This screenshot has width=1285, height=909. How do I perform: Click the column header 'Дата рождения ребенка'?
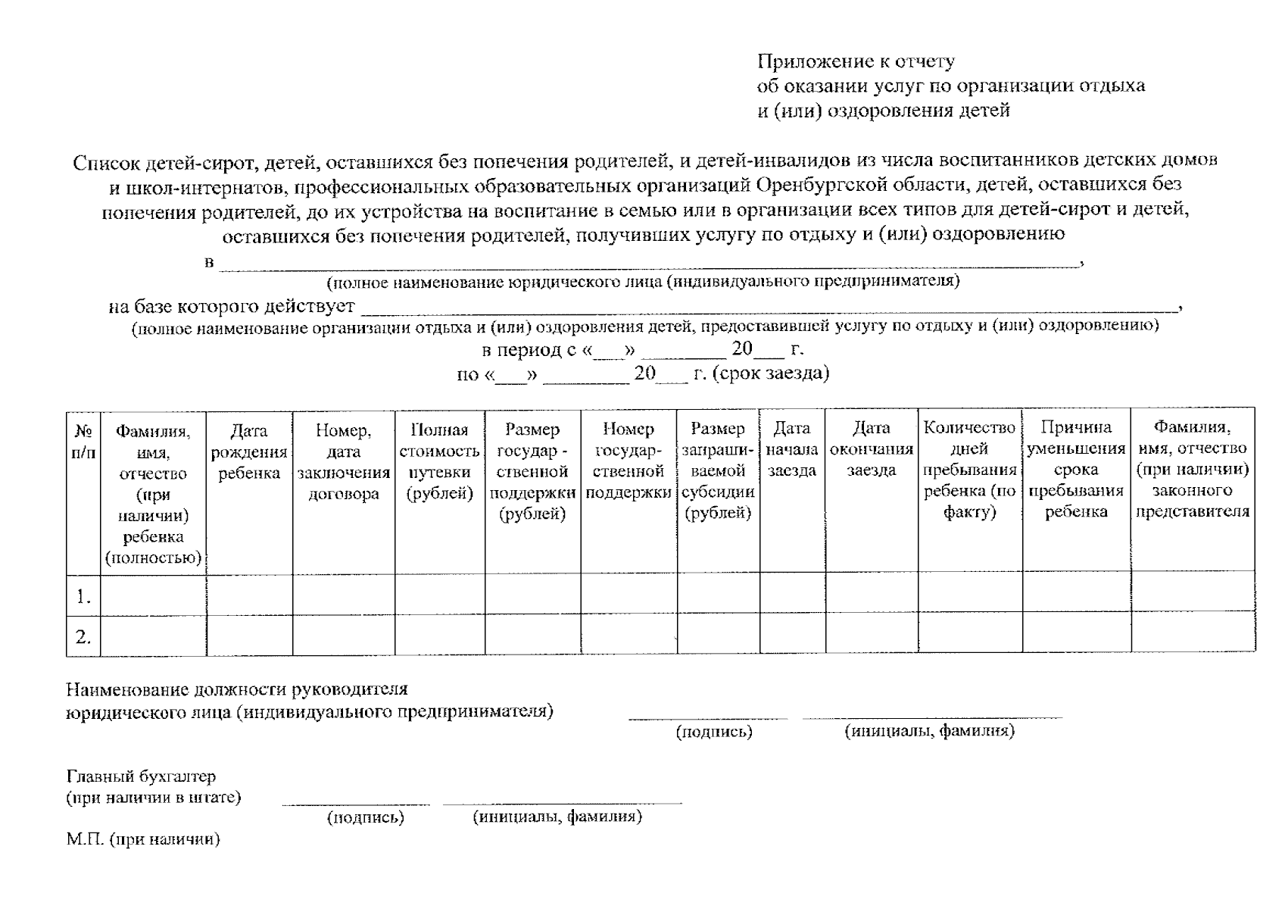249,452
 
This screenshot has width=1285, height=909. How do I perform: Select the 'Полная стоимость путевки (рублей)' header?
439,462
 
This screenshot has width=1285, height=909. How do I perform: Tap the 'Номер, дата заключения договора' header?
343,462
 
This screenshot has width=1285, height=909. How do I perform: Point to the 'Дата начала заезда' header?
792,449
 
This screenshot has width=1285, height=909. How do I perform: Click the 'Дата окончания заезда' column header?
871,449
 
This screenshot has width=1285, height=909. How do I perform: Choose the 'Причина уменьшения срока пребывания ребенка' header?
1075,470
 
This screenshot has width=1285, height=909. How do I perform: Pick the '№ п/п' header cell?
83,442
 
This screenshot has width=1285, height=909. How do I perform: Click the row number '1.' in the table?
83,597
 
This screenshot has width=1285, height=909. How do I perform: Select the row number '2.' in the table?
83,637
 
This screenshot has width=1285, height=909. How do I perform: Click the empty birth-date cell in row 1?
249,593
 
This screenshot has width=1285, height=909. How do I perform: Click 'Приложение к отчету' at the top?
856,61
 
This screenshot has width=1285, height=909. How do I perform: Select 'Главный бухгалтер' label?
141,776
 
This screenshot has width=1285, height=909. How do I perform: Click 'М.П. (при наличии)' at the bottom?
143,839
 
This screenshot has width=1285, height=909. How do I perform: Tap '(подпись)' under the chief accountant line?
365,817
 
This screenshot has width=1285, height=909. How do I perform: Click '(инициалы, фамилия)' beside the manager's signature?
929,731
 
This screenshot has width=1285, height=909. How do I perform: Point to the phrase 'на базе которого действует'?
231,307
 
